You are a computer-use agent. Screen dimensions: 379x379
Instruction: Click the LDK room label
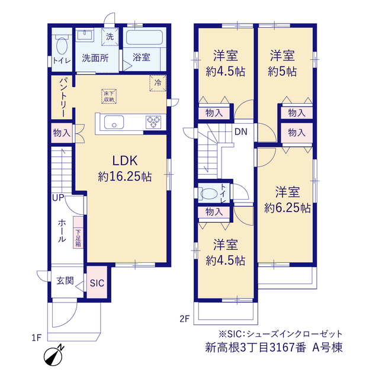(x=125, y=160)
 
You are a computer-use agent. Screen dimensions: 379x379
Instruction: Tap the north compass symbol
(x=54, y=355)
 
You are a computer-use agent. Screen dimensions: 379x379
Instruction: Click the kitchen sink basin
(x=114, y=123)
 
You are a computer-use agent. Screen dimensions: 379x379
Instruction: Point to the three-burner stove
(x=153, y=122)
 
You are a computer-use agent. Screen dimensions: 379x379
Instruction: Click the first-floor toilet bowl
(x=62, y=46)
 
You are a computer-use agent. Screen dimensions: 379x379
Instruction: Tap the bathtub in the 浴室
(x=144, y=37)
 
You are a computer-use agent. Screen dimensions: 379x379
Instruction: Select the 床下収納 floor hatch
(x=109, y=97)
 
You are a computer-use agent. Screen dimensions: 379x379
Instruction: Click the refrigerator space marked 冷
(x=158, y=83)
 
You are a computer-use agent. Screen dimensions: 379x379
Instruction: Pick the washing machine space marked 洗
(x=110, y=37)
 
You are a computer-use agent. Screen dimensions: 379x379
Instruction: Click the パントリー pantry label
(x=63, y=97)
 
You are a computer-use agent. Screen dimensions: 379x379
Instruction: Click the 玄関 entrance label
(x=65, y=281)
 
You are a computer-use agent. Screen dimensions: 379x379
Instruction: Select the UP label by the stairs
(x=58, y=198)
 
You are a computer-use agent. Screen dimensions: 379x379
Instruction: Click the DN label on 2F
(x=241, y=131)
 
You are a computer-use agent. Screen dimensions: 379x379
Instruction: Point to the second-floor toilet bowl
(x=208, y=194)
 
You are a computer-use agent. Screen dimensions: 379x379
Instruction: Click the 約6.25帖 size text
(x=287, y=208)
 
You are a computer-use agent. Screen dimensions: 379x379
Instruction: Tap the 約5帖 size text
(x=282, y=72)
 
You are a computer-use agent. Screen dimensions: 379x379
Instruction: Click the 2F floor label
(x=184, y=319)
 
